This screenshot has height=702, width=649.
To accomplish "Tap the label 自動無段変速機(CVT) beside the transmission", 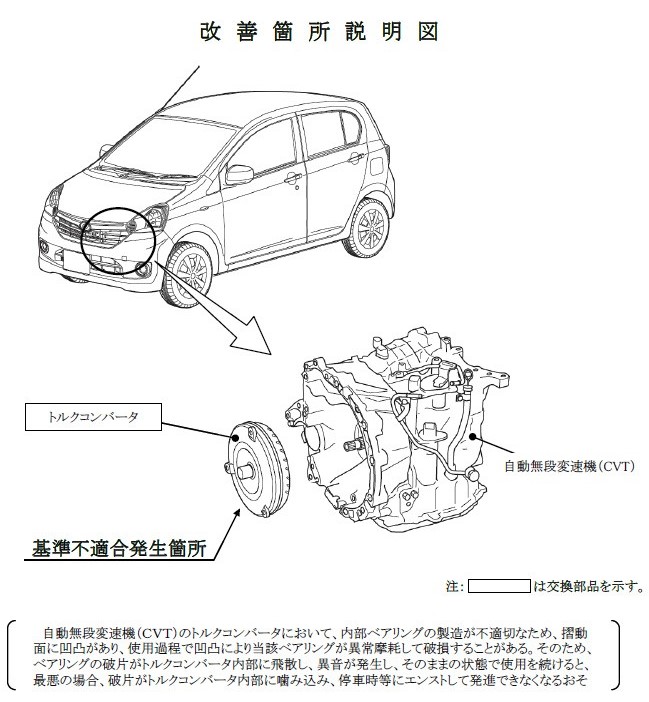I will point(569,466).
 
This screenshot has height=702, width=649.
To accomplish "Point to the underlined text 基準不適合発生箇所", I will point(119,548).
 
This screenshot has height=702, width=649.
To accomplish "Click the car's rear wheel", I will point(369,225).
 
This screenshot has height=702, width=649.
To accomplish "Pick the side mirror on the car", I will point(240,173).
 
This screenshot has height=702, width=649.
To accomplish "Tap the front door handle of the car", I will point(292,179).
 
